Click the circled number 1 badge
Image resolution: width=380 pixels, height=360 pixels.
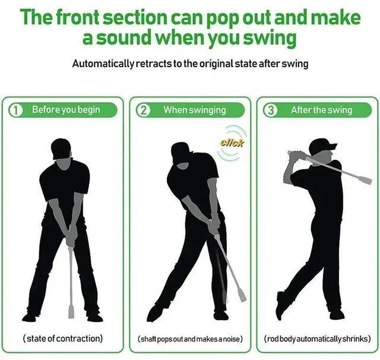(16, 110)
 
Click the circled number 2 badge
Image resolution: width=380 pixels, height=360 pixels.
(142, 110)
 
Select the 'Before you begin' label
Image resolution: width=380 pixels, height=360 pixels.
(66, 110)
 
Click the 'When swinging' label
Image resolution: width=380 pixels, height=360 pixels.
(195, 110)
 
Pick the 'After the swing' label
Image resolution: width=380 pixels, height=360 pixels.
(321, 110)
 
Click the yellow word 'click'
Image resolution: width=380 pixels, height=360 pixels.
(232, 143)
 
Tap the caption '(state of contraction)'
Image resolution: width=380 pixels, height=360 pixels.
(62, 339)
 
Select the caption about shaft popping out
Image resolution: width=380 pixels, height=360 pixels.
(190, 339)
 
